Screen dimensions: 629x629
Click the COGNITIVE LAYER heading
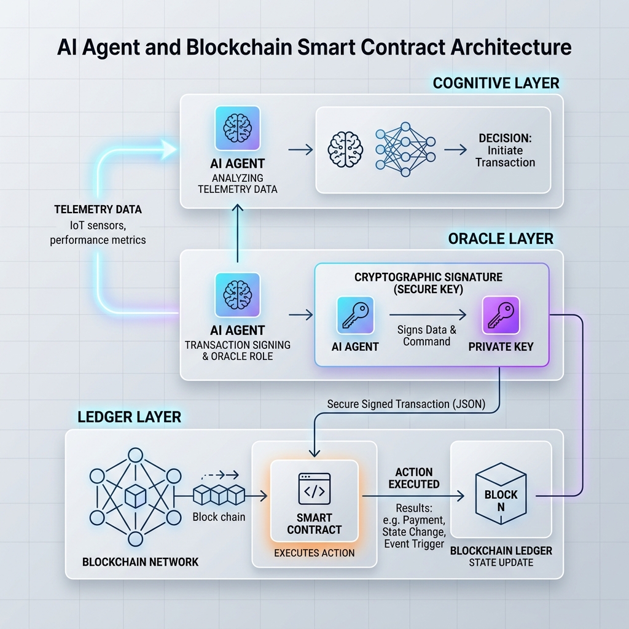click(496, 83)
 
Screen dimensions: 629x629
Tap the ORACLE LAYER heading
click(501, 239)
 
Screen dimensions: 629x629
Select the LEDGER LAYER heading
click(129, 417)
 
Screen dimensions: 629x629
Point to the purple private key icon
click(501, 315)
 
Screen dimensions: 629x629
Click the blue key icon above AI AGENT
click(356, 315)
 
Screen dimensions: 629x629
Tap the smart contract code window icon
click(314, 488)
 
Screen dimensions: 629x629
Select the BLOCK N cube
click(501, 494)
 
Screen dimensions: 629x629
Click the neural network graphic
click(405, 149)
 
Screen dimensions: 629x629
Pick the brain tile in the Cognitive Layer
click(238, 128)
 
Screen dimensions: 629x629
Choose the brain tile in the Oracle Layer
click(238, 295)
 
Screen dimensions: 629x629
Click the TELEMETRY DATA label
click(98, 209)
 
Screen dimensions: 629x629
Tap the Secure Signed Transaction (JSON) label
click(406, 404)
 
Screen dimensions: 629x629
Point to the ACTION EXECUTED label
click(414, 478)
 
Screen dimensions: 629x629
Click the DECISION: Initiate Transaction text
click(505, 150)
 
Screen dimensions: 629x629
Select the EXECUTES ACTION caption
click(314, 553)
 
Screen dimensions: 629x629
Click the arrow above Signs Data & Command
click(428, 315)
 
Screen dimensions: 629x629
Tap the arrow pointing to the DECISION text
click(455, 150)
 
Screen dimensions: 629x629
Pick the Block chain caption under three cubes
click(219, 517)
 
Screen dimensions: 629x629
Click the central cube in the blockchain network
click(135, 496)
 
